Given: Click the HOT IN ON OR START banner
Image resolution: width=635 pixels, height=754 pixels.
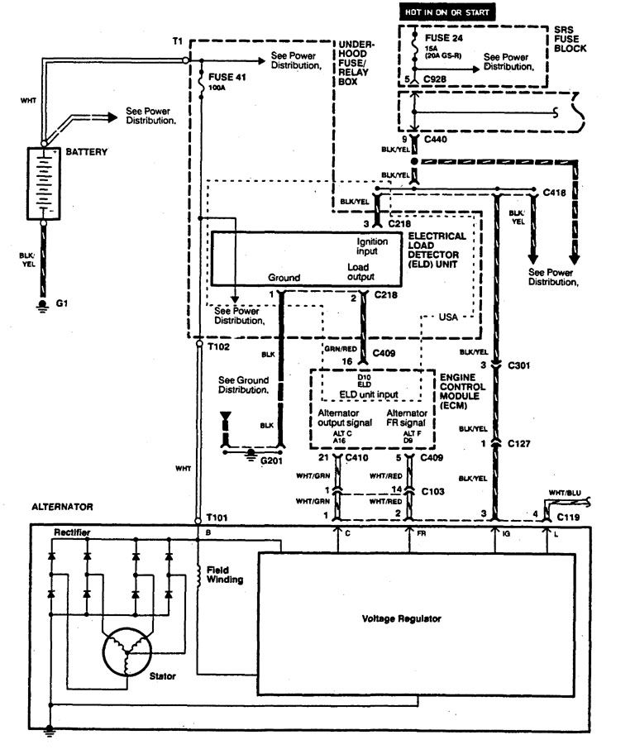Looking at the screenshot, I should (448, 12).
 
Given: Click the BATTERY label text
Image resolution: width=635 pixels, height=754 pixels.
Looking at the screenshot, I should (86, 153).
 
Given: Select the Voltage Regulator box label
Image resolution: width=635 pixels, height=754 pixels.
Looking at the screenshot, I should (401, 618).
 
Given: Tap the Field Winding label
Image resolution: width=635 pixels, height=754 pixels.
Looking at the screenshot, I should (225, 575).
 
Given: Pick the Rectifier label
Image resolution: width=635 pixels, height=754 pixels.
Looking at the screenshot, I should (73, 531).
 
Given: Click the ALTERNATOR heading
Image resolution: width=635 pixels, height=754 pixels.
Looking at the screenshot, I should (63, 505).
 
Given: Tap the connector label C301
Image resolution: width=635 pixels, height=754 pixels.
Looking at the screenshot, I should (520, 364).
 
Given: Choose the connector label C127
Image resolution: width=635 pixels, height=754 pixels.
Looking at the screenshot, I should (520, 443).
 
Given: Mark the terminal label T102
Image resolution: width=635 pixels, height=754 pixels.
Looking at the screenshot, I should (218, 347).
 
